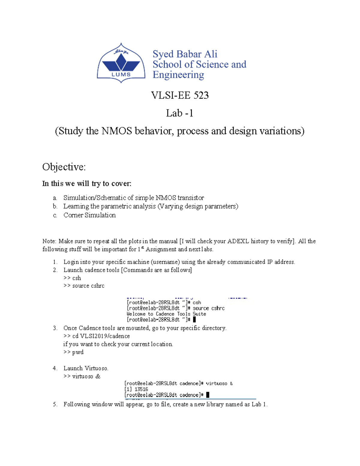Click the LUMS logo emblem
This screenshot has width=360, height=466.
(121, 63)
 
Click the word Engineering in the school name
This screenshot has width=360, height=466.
(178, 75)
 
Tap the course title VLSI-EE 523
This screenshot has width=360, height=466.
(180, 95)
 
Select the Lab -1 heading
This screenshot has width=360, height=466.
(179, 113)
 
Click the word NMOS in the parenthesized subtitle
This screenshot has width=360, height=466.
(116, 131)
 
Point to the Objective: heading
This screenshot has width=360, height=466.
(64, 167)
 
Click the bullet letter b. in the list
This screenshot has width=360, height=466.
(55, 206)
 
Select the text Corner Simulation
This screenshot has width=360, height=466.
(89, 215)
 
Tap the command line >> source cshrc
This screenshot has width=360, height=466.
(84, 286)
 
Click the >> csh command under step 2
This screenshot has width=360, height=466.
(72, 278)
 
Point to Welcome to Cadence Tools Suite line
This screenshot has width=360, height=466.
(166, 314)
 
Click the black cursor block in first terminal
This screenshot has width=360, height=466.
(194, 320)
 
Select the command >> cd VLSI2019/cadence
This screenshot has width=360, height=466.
(97, 336)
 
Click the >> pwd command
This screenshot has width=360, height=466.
(73, 352)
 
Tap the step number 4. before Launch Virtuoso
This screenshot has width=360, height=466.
(55, 368)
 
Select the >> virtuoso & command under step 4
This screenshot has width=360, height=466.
(82, 376)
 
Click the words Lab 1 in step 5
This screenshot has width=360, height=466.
(259, 404)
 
